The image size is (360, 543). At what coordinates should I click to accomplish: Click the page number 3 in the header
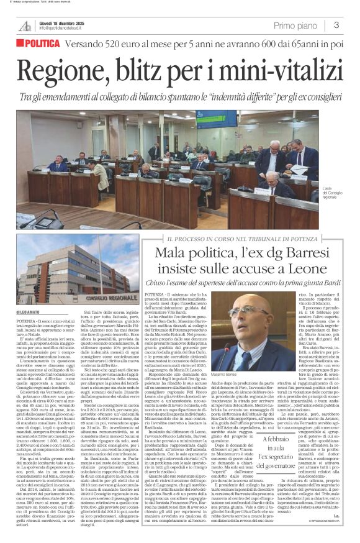(336, 25)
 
